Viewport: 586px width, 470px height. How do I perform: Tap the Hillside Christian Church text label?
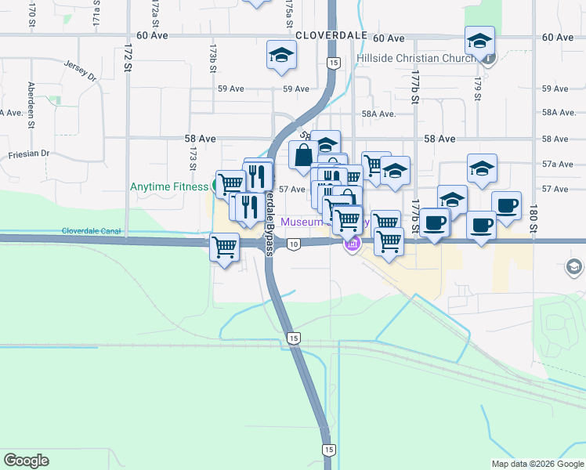pyautogui.click(x=415, y=59)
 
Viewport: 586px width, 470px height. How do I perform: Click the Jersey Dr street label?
pyautogui.click(x=81, y=71)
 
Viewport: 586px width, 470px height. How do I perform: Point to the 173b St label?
pyautogui.click(x=212, y=58)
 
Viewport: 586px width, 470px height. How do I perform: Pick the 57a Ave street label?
pyautogui.click(x=554, y=164)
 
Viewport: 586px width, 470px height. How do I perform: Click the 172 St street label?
pyautogui.click(x=127, y=58)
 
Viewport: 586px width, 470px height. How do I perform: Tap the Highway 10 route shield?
pyautogui.click(x=293, y=245)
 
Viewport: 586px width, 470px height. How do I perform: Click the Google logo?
pyautogui.click(x=26, y=461)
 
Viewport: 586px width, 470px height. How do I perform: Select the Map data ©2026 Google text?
pyautogui.click(x=537, y=464)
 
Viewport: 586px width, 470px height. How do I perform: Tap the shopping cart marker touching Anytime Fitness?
pyautogui.click(x=230, y=185)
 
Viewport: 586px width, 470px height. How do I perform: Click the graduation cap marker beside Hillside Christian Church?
pyautogui.click(x=479, y=40)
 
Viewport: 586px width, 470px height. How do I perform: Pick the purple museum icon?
pyautogui.click(x=352, y=245)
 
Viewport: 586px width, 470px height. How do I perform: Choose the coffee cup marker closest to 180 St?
pyautogui.click(x=506, y=205)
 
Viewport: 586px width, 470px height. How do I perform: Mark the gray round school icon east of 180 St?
pyautogui.click(x=574, y=268)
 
